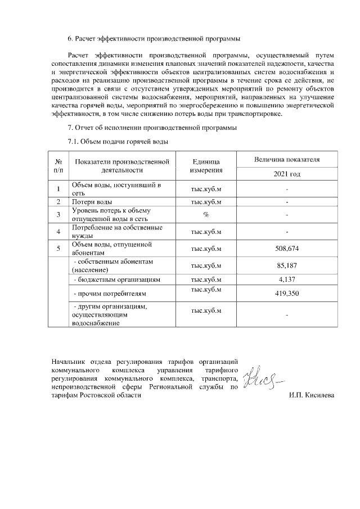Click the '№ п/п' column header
click(58, 165)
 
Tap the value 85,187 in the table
click(287, 265)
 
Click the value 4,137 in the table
click(287, 279)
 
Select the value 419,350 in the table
click(287, 294)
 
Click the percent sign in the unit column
click(206, 214)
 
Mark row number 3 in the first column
click(58, 214)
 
